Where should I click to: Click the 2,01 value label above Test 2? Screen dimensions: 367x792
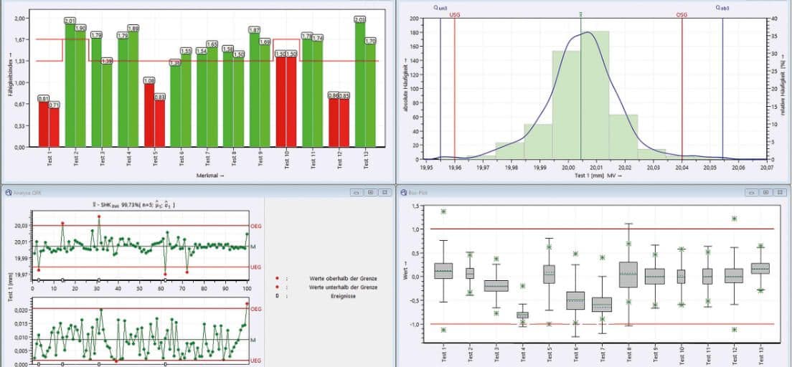[x=70, y=20]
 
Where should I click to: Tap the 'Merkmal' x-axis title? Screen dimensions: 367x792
[x=210, y=174]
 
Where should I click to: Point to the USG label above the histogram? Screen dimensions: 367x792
[x=455, y=14]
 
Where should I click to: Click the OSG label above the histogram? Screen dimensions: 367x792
[x=682, y=14]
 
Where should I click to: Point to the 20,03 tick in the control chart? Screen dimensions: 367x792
[x=20, y=226]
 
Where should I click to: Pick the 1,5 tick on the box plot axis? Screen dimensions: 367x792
[x=414, y=206]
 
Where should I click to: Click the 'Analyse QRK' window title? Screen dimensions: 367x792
[x=27, y=193]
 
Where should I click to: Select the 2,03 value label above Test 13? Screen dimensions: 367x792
[x=359, y=19]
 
